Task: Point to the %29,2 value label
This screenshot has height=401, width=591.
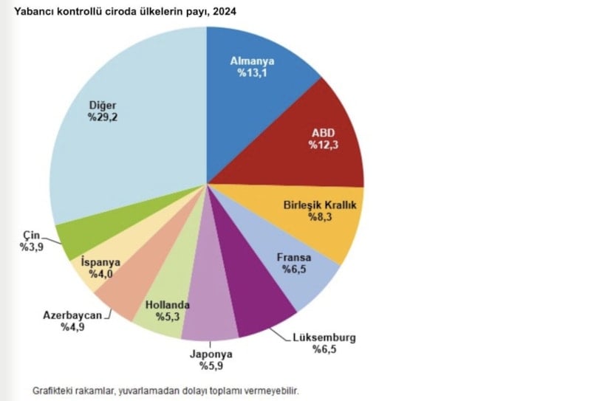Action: click(103, 117)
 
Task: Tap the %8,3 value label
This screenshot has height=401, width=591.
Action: click(321, 218)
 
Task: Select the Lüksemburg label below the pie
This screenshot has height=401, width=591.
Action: click(324, 337)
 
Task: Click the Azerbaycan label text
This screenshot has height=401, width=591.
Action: click(72, 317)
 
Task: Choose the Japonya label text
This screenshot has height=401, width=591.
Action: click(210, 353)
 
